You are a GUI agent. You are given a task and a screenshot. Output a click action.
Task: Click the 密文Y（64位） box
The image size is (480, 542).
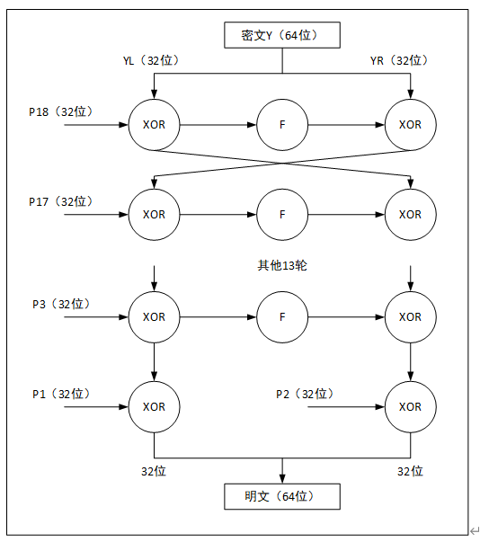pos(282,36)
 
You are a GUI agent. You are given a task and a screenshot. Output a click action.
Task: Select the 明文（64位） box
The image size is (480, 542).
pos(282,496)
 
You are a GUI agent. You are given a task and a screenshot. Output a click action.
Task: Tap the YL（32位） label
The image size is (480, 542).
pos(152,60)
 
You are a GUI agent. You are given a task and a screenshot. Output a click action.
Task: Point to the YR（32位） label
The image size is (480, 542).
pos(398,60)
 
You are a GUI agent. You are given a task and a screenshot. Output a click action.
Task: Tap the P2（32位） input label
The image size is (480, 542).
pos(305,394)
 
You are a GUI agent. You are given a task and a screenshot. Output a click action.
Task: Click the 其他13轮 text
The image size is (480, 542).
pos(283,266)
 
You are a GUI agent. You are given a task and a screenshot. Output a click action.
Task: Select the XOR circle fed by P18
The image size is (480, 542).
pos(155,125)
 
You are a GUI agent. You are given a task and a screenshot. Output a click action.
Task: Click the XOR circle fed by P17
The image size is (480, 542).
pos(155,215)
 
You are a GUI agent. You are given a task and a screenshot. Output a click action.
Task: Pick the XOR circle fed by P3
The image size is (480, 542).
pos(155,317)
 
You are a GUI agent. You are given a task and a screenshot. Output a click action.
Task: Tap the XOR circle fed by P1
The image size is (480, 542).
pos(155,407)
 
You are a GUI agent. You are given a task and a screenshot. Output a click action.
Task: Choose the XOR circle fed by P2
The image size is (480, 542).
pos(411,407)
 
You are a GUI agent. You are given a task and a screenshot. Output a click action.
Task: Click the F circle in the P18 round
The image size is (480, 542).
pos(282,125)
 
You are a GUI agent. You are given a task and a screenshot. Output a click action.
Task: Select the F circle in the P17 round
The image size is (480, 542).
pos(282,215)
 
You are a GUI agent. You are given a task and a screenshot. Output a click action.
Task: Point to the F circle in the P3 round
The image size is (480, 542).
pos(282,317)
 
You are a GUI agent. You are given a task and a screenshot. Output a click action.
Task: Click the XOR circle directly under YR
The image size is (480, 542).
pos(411,125)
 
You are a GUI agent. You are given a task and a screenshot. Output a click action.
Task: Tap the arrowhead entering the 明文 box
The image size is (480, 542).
pos(282,479)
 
